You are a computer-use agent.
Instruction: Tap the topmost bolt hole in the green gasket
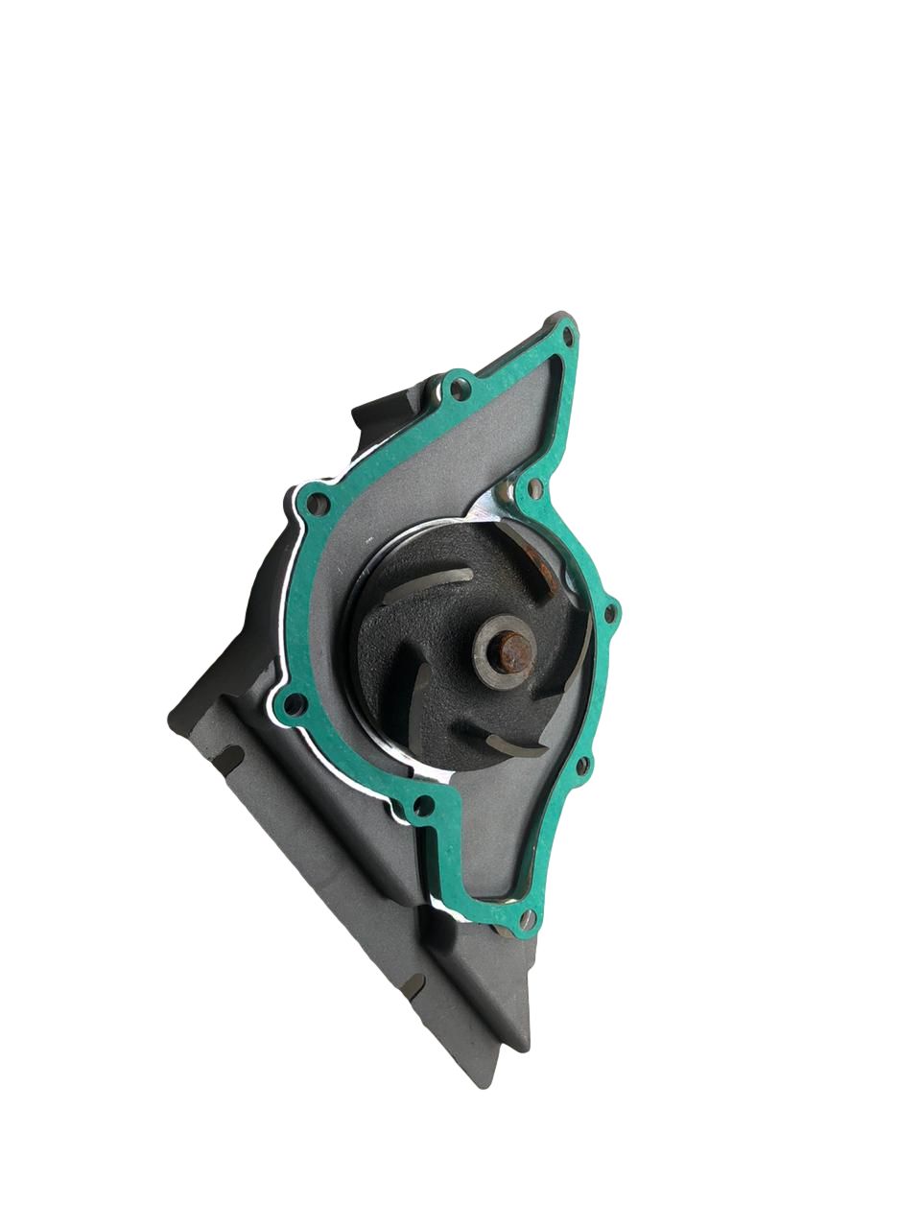567,336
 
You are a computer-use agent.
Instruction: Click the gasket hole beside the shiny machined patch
535,488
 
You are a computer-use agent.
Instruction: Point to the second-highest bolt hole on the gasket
462,390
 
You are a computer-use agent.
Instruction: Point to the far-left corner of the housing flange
173,715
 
